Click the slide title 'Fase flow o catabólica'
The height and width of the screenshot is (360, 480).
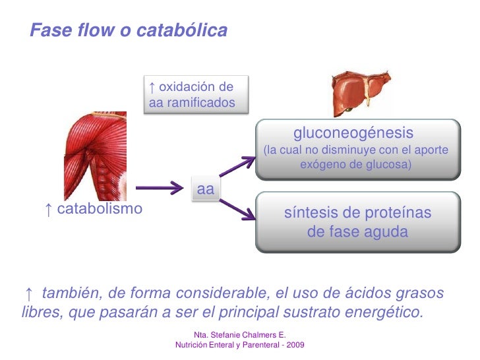(129, 30)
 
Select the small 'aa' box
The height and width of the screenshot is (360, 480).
(206, 189)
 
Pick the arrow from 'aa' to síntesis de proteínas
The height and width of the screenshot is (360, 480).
(237, 208)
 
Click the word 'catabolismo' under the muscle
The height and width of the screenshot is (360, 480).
(100, 210)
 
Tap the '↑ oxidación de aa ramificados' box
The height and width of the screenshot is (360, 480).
(189, 95)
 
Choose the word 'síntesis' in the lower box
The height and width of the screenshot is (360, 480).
(311, 213)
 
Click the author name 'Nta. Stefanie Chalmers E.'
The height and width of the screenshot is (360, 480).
(240, 336)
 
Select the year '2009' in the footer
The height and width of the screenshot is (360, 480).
(293, 345)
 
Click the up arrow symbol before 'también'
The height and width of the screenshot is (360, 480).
(28, 293)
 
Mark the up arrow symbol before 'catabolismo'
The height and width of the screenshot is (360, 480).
(48, 210)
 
